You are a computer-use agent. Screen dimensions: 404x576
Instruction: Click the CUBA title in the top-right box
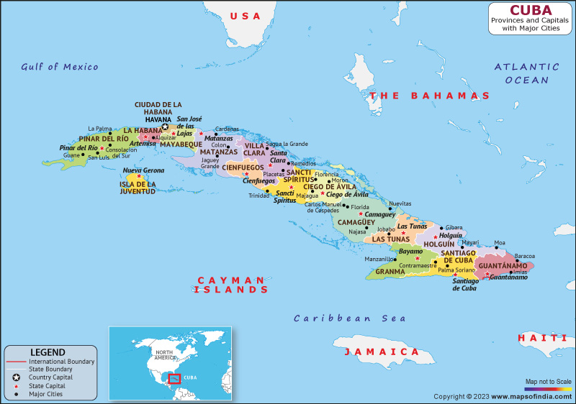(x=531, y=10)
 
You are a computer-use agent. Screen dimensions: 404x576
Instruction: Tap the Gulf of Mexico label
(x=59, y=67)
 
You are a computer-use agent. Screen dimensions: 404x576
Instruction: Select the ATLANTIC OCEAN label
(x=526, y=73)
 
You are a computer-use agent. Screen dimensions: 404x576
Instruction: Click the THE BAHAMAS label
(x=429, y=96)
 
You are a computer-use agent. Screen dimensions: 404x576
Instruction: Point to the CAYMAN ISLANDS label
(x=230, y=285)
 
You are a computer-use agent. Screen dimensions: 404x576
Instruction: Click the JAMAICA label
(x=381, y=352)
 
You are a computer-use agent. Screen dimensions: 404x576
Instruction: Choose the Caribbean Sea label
(x=349, y=318)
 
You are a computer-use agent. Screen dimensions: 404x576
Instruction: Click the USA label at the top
(x=244, y=16)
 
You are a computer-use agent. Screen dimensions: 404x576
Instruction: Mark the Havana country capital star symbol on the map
(x=165, y=127)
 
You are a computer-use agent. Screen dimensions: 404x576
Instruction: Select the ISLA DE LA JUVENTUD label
(x=138, y=188)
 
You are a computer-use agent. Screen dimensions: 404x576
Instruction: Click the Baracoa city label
(x=525, y=256)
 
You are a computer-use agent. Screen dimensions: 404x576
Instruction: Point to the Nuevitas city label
(x=400, y=203)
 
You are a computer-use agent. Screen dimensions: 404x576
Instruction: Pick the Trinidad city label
(x=258, y=196)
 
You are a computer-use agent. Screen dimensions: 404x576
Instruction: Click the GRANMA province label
(x=390, y=272)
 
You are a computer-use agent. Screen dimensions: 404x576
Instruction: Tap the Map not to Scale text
(x=548, y=381)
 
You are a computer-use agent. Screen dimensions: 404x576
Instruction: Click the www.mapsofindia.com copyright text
(x=502, y=397)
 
